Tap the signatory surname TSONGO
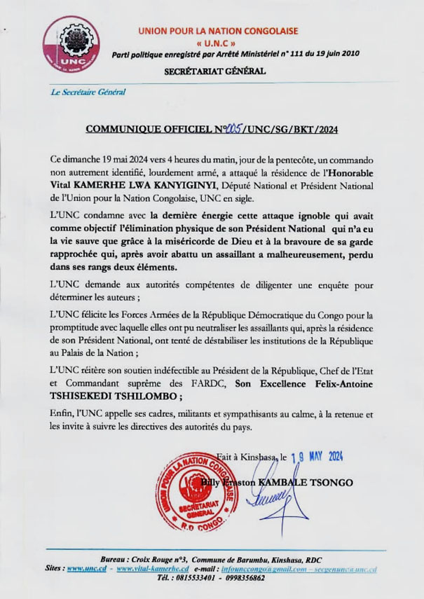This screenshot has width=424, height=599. pos(334,483)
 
